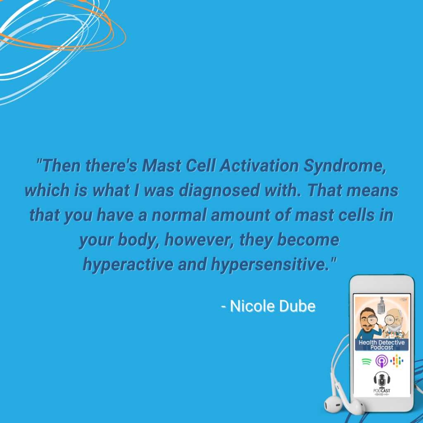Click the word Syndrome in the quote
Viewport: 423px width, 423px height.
coord(345,166)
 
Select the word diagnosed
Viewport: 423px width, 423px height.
coord(220,190)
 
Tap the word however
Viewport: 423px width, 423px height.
coord(199,240)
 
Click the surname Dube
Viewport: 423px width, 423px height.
coord(297,306)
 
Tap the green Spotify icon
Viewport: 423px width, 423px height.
coord(366,361)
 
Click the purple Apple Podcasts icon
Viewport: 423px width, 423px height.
coord(381,361)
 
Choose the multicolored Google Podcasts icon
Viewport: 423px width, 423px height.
coord(397,361)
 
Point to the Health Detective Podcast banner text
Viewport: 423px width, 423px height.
coord(381,345)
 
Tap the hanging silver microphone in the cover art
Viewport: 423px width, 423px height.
coord(381,306)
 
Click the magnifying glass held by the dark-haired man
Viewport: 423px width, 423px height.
coord(373,321)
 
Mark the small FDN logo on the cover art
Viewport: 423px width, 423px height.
coord(403,299)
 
